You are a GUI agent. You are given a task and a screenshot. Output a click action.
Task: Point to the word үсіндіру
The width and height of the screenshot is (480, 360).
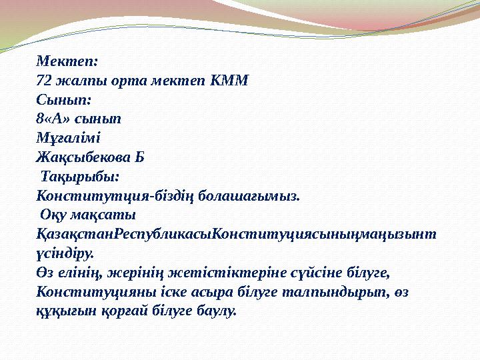tap(65, 254)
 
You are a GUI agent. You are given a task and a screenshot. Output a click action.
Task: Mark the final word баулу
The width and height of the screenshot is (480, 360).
tap(213, 311)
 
